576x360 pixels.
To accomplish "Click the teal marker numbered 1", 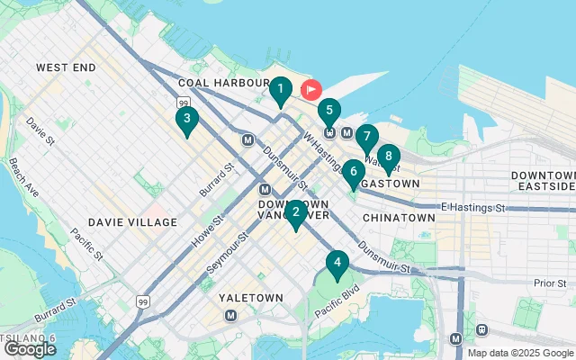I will point(281,91).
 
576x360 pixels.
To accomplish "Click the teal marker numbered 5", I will point(329,113).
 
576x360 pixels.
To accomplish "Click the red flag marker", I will point(311,90).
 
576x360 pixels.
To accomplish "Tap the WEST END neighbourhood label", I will point(66,67).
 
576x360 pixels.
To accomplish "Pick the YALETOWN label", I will point(251,297).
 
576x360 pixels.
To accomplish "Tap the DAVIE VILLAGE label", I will point(133,221).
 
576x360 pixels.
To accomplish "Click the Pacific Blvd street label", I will point(338,299).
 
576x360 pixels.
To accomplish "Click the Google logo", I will point(30,348).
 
